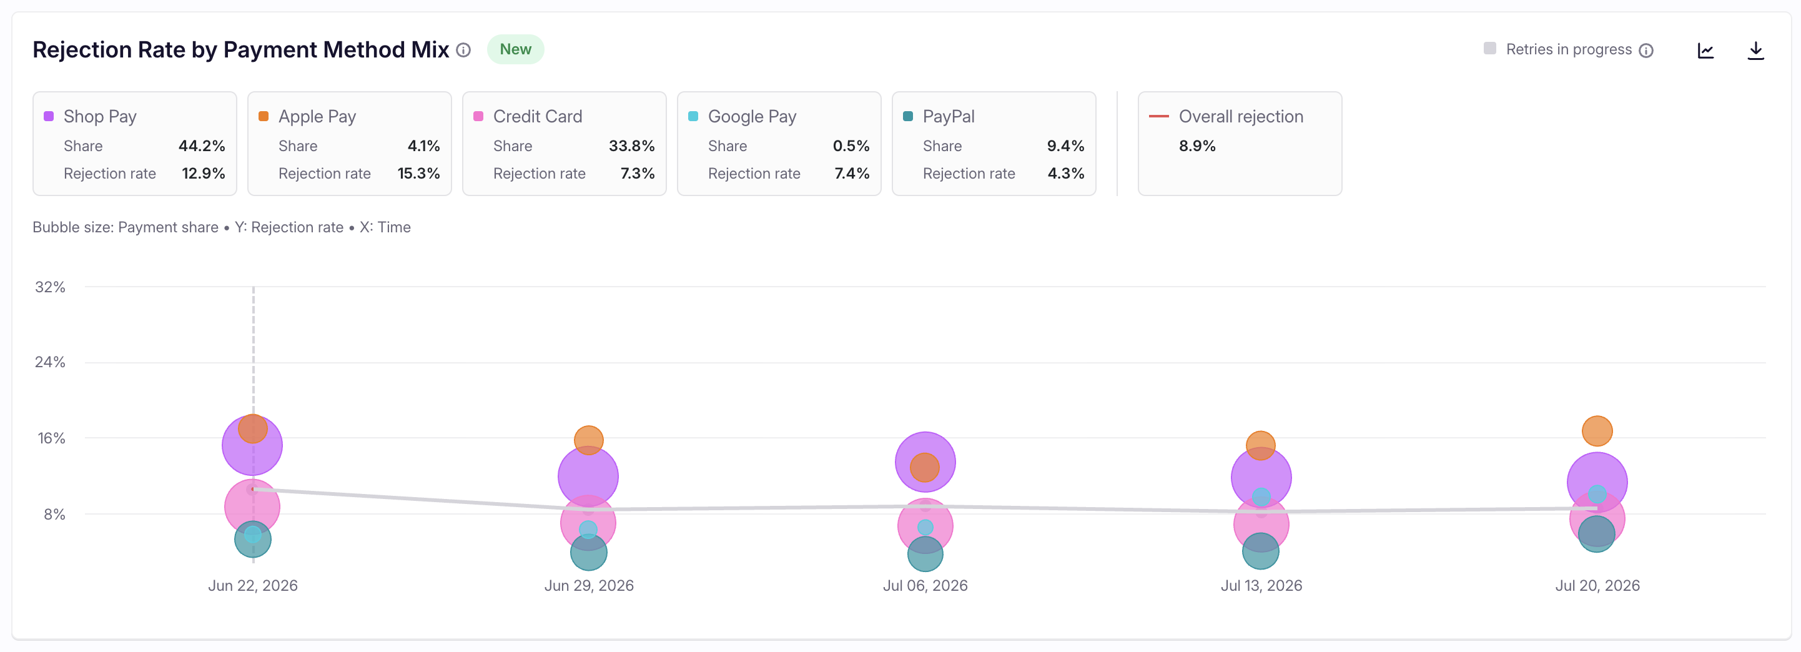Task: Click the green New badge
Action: pyautogui.click(x=515, y=49)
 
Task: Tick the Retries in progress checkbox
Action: pyautogui.click(x=1490, y=49)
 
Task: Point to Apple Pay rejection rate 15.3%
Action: pyautogui.click(x=418, y=174)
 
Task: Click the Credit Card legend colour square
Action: pyautogui.click(x=478, y=116)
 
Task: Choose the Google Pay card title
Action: pyautogui.click(x=752, y=116)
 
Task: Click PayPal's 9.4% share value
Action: pyautogui.click(x=1065, y=146)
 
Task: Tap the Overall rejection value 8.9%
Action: pyautogui.click(x=1197, y=146)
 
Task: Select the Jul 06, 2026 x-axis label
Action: pyautogui.click(x=924, y=586)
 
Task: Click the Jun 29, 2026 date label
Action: pyautogui.click(x=589, y=586)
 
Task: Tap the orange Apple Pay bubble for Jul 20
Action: pyautogui.click(x=1597, y=430)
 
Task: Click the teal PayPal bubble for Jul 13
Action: pyautogui.click(x=1261, y=551)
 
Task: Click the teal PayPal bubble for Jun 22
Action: pyautogui.click(x=252, y=540)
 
